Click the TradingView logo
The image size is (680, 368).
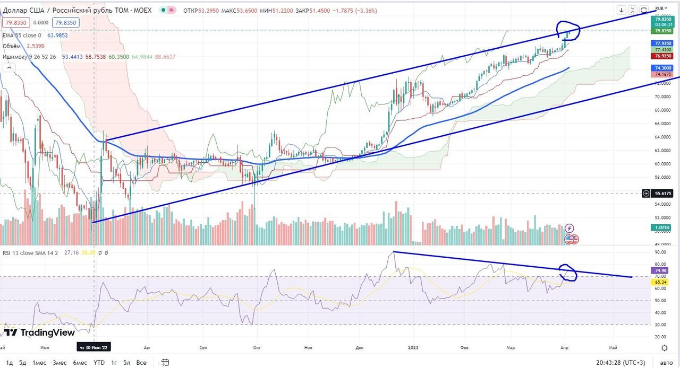click(x=40, y=332)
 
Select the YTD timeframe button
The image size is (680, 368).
click(x=99, y=363)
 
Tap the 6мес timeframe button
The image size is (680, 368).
click(x=80, y=363)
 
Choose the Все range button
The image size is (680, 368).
click(x=141, y=363)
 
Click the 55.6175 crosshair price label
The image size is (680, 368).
click(x=664, y=194)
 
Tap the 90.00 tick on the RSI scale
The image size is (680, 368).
click(x=661, y=252)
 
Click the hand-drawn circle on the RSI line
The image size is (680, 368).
click(x=568, y=273)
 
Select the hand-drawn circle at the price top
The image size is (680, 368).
click(x=568, y=31)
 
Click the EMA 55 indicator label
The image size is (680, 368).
click(x=21, y=35)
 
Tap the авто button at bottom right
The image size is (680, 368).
click(x=666, y=363)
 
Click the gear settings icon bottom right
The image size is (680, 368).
click(x=664, y=348)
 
